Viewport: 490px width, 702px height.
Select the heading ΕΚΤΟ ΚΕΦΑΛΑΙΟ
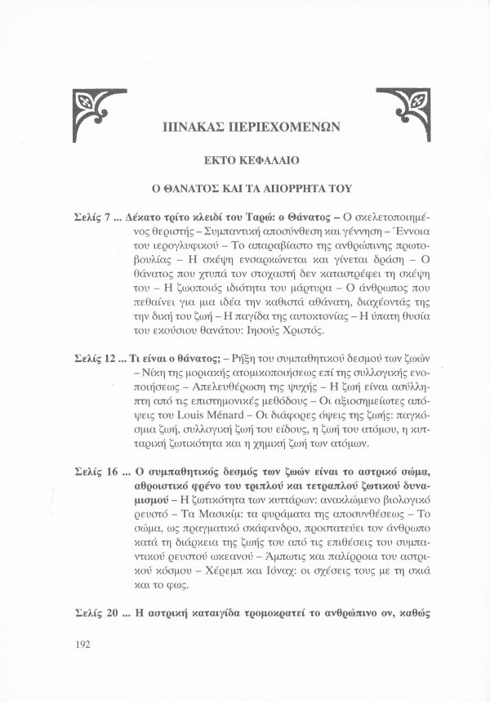tap(245, 159)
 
